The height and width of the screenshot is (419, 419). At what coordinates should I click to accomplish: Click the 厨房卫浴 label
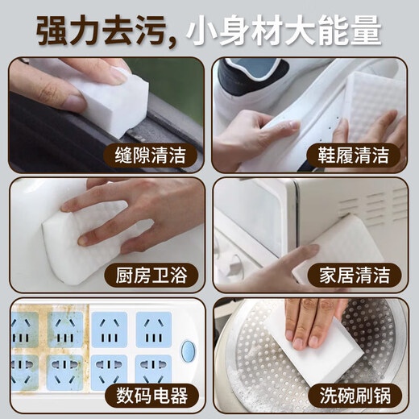(152, 276)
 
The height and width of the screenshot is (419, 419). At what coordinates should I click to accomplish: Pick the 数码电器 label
(152, 396)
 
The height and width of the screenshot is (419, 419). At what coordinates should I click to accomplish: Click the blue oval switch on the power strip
(189, 351)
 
